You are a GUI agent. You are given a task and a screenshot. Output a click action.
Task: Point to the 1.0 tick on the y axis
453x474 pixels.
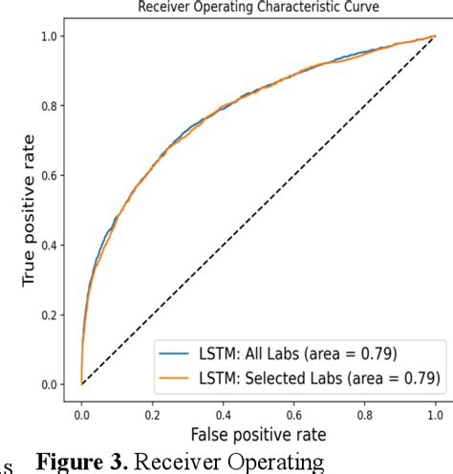pyautogui.click(x=53, y=36)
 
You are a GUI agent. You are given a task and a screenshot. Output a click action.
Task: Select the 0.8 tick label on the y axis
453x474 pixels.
pyautogui.click(x=53, y=106)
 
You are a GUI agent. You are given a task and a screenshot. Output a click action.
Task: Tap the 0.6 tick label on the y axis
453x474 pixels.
pyautogui.click(x=53, y=176)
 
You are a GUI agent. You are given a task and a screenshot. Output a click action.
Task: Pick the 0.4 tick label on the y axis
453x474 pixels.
pyautogui.click(x=53, y=246)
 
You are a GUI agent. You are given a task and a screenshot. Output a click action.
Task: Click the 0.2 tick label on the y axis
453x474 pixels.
pyautogui.click(x=53, y=315)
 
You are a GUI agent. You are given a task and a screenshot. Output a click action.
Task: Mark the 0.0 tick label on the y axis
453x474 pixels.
pyautogui.click(x=53, y=385)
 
